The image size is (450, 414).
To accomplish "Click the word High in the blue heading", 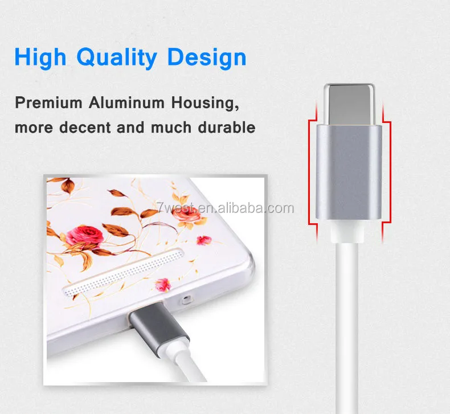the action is pos(40,58).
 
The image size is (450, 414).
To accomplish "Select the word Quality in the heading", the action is pos(117,58).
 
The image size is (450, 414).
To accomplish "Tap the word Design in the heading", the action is pos(207,58).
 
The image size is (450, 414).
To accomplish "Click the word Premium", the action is pos(48,103).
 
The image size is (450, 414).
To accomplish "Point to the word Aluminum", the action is pos(126,103).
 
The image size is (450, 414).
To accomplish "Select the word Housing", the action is pos(205,103).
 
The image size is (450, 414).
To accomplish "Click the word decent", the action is pos(85,128).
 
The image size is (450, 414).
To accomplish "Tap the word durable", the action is pos(227,128).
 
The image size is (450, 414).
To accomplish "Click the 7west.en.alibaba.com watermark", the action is pos(226,208).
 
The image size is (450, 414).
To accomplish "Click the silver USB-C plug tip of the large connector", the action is pos(349,104).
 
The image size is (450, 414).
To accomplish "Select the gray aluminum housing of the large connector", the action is pos(349,172).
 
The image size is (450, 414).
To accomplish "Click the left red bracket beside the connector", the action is pos(313,172).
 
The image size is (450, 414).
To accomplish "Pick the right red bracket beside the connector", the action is pos(386,172).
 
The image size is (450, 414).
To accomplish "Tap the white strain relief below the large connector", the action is pos(347,232).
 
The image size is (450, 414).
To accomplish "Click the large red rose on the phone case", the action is pos(85,236).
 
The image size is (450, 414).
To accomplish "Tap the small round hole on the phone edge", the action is pos(186,300).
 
